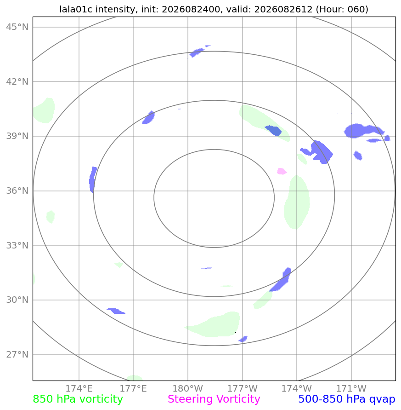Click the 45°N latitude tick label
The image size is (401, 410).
coord(17,27)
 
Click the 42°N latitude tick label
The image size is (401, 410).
coord(17,81)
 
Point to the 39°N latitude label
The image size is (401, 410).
coord(17,136)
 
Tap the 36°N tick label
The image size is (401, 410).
coord(17,191)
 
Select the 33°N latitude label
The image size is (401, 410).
coord(17,246)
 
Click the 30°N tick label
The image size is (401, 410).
coord(17,300)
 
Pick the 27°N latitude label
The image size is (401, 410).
coord(17,355)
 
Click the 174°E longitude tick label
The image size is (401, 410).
coord(79,388)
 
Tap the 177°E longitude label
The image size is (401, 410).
coord(133,388)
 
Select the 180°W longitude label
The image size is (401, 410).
coord(188,388)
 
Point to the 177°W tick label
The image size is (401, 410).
coord(242,388)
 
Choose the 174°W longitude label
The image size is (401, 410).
coord(297,388)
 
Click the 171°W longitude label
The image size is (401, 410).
coord(351,388)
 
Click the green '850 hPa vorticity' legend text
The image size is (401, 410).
coord(78,399)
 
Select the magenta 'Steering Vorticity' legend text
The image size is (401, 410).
coord(214,399)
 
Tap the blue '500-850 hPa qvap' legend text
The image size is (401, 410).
coord(347,399)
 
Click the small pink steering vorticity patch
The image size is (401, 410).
coord(282,171)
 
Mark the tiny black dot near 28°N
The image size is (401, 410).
coord(236,332)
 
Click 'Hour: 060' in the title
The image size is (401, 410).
coord(342,9)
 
